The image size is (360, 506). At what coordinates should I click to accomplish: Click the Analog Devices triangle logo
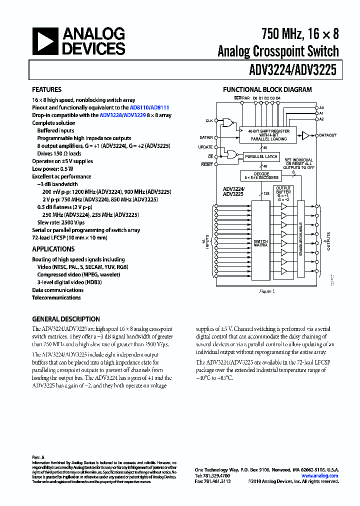pyautogui.click(x=45, y=41)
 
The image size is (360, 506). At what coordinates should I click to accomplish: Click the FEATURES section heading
pyautogui.click(x=47, y=89)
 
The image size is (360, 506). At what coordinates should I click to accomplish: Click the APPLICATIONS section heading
pyautogui.click(x=53, y=249)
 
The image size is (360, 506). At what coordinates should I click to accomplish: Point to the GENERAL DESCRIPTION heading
pyautogui.click(x=66, y=319)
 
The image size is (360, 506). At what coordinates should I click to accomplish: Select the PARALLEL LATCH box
pyautogui.click(x=260, y=156)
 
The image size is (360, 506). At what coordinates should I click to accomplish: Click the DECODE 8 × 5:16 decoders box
pyautogui.click(x=260, y=176)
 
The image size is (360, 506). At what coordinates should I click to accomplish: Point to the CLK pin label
pyautogui.click(x=209, y=121)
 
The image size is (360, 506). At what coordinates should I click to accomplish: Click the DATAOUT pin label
pyautogui.click(x=328, y=135)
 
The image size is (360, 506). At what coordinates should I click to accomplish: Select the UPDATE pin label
pyautogui.click(x=206, y=147)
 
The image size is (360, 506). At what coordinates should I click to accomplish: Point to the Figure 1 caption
pyautogui.click(x=267, y=291)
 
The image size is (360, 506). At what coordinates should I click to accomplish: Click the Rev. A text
pyautogui.click(x=38, y=457)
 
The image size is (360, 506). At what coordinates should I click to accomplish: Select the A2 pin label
pyautogui.click(x=321, y=119)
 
